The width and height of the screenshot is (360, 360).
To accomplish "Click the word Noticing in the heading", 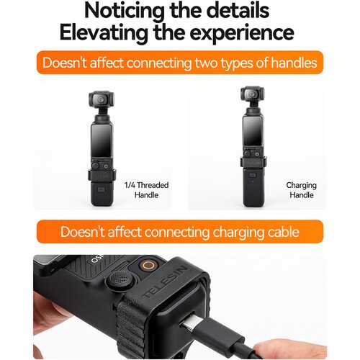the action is click(125, 12).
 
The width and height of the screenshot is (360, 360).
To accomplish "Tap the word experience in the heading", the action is click(242, 34).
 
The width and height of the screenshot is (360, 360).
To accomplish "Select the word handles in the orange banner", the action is click(294, 63).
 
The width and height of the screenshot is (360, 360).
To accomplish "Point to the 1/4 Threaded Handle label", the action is click(146, 190).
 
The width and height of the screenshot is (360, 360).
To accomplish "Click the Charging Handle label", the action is click(302, 190).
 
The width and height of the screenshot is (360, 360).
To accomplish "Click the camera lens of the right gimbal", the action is click(251, 94).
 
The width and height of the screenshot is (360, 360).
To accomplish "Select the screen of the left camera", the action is click(102, 141).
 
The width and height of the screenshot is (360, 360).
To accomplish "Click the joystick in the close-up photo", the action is click(121, 279).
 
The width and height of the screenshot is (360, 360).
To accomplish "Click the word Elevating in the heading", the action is click(104, 34).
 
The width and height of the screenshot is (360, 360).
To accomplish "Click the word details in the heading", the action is click(238, 12).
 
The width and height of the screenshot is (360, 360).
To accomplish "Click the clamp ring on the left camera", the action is click(102, 175).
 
